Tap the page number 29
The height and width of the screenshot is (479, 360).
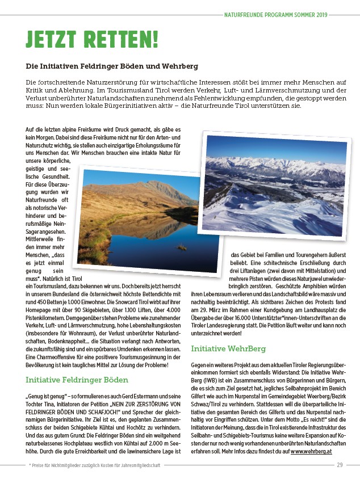pyautogui.click(x=340, y=465)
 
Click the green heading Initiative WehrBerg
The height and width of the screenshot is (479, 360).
pyautogui.click(x=229, y=348)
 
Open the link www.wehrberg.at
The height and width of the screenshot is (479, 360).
pyautogui.click(x=311, y=451)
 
